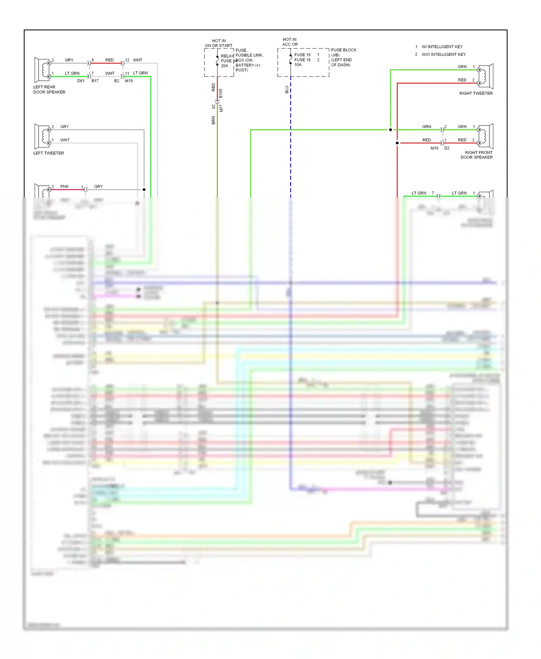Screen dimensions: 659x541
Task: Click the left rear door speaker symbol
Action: [x=42, y=70]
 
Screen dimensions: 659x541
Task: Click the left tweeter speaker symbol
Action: [x=42, y=137]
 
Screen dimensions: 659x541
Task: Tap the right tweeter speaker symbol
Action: [x=485, y=76]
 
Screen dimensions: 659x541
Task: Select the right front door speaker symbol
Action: [x=485, y=137]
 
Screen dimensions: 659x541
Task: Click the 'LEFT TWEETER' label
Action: [x=48, y=153]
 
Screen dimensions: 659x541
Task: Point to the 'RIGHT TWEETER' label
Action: [x=476, y=93]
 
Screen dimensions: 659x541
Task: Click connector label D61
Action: [x=81, y=81]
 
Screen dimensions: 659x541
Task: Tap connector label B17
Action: [x=95, y=81]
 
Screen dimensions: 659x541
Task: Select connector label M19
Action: [x=129, y=81]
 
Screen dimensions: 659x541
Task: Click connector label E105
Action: [x=221, y=93]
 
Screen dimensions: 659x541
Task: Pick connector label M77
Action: [x=221, y=108]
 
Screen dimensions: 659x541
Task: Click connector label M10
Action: [x=434, y=148]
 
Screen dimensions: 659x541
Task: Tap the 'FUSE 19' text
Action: [x=302, y=55]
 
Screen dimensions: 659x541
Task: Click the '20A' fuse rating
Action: [x=224, y=66]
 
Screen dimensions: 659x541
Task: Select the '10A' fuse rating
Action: [x=298, y=65]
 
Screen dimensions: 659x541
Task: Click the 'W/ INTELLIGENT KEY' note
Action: [x=442, y=47]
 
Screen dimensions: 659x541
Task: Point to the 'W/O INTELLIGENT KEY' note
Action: [x=444, y=54]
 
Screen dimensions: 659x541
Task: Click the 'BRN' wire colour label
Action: [x=214, y=120]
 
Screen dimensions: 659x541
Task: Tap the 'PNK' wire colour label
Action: [x=65, y=186]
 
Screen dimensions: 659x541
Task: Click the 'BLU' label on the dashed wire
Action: [x=287, y=89]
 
